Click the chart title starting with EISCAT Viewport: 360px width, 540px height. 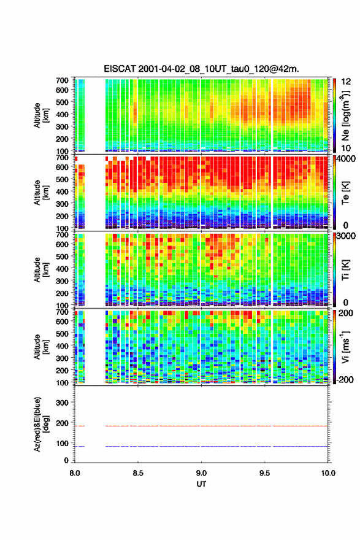pos(201,69)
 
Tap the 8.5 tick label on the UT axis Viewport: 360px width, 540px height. pos(138,473)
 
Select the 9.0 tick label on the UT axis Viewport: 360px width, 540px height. pos(201,473)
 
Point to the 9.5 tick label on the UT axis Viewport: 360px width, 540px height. pos(265,473)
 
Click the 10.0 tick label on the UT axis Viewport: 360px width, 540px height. pos(328,473)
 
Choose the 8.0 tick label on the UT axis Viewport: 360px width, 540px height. pos(75,473)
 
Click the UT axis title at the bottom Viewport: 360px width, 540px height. pos(201,484)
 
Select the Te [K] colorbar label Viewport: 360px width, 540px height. pos(345,193)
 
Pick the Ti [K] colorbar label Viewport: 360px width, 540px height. pos(345,269)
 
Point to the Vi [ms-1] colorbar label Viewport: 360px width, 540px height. pos(345,347)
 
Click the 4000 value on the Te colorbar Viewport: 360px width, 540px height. pos(345,159)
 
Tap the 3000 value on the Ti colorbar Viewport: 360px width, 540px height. pos(345,236)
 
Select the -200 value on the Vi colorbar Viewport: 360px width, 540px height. pos(345,380)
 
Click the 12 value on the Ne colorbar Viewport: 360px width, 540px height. pos(346,82)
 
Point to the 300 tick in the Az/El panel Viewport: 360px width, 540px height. pos(62,403)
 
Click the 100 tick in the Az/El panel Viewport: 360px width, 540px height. pos(62,443)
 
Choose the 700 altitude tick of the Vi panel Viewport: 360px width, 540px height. pos(62,312)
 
